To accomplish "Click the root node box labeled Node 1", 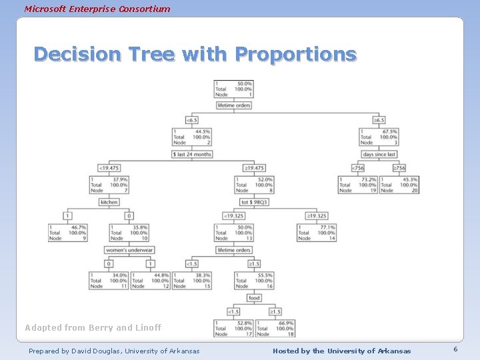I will click(x=233, y=89).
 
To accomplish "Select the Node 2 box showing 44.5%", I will click(x=191, y=137).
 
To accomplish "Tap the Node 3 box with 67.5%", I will click(x=378, y=137).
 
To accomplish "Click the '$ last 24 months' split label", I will click(x=192, y=154).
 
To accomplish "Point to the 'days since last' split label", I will click(x=379, y=154).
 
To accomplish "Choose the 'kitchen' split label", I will click(x=109, y=202).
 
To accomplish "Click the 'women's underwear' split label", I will click(x=130, y=250).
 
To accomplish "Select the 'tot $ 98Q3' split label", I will click(x=254, y=202).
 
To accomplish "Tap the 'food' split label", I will click(x=254, y=298).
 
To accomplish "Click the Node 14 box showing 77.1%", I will click(x=316, y=233).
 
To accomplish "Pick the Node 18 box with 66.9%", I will click(x=275, y=328).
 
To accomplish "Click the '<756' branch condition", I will click(x=357, y=168).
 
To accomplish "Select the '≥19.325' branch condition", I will click(x=316, y=216).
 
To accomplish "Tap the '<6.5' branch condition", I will click(x=192, y=120).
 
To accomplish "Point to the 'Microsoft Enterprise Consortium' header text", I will click(x=97, y=9).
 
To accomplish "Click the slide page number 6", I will click(x=455, y=350).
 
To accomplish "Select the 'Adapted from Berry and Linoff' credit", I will click(x=93, y=327).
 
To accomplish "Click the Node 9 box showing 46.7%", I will click(x=67, y=233).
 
